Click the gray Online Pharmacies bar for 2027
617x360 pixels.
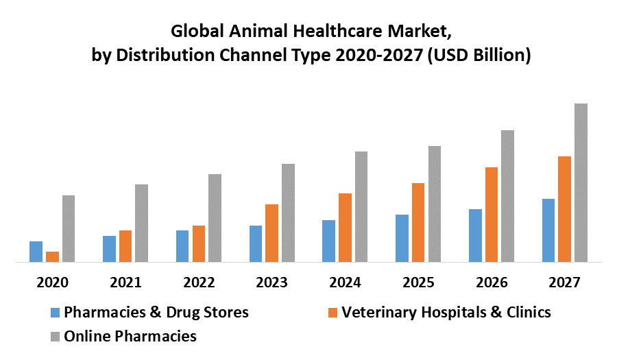(581, 182)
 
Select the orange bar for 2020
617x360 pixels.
(52, 256)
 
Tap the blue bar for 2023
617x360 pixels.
(255, 243)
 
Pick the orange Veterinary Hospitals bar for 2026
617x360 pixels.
(492, 214)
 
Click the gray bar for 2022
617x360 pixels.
(215, 217)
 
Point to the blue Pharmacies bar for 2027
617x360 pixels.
(548, 230)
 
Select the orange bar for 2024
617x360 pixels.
(345, 227)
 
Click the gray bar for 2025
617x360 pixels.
(435, 204)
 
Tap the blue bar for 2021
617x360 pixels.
(109, 248)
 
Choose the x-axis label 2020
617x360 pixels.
(52, 283)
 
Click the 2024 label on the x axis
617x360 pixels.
(345, 283)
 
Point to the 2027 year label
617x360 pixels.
(564, 283)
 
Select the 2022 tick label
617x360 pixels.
(199, 283)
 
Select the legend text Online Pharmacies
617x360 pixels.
(130, 336)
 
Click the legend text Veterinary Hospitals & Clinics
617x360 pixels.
(446, 313)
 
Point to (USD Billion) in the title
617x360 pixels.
(479, 55)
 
